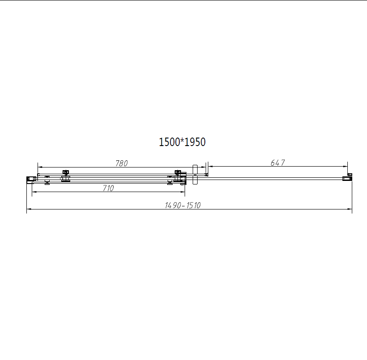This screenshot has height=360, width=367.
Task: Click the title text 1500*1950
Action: tap(182, 142)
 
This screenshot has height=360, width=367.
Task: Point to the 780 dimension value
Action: tap(122, 163)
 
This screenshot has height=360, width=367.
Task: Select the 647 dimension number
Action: tap(278, 163)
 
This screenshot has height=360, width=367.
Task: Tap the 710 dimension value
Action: tap(108, 188)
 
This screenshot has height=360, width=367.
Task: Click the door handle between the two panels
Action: tap(194, 174)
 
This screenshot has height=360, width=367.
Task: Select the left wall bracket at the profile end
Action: tap(30, 179)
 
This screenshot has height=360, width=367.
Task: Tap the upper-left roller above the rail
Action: tap(66, 172)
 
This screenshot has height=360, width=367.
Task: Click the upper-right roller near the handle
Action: tap(177, 172)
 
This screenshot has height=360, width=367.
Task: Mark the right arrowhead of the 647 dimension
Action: tap(346, 167)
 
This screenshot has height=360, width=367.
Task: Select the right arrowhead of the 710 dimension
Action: tap(183, 193)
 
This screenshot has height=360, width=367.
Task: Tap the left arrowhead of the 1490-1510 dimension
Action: tap(29, 209)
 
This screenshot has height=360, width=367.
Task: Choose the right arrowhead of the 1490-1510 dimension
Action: tap(350, 209)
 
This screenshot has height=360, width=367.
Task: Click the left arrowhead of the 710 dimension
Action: tap(34, 193)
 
